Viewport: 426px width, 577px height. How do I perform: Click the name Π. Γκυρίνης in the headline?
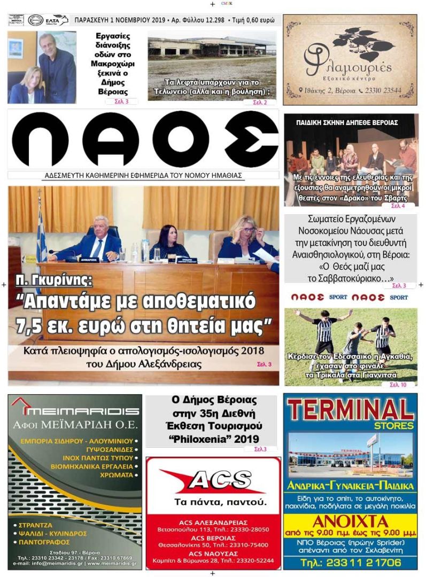(x=55, y=280)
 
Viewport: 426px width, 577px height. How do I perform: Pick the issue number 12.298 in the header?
(x=211, y=20)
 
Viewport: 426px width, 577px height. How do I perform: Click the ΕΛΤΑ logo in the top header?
(x=56, y=20)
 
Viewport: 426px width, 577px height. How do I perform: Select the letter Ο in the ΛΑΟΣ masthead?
(x=180, y=141)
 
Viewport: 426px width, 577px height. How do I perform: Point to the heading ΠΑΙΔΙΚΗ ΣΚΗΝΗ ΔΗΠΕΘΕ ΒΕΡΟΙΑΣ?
(x=347, y=122)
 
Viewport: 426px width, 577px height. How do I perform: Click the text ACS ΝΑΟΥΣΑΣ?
(x=213, y=553)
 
